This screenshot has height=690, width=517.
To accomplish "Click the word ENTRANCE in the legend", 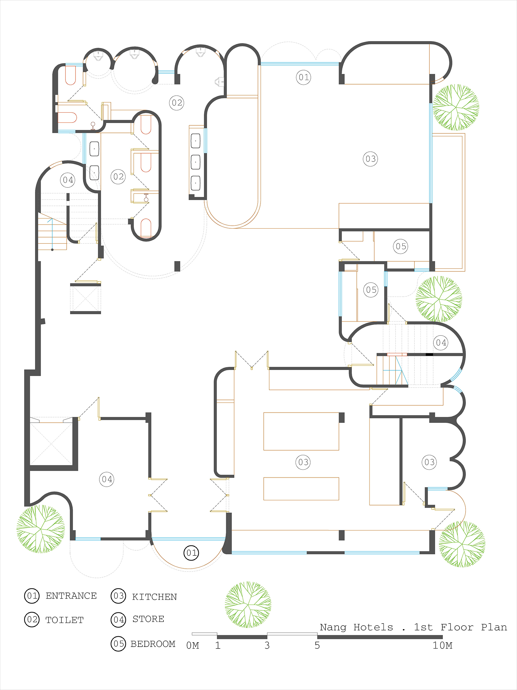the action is tap(71, 596).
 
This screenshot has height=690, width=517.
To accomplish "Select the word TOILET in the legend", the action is tap(65, 620).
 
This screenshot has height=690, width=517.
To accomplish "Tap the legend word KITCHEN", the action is tap(154, 597).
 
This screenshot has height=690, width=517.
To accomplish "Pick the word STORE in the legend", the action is tap(148, 619).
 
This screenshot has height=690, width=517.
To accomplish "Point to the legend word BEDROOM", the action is tap(153, 644).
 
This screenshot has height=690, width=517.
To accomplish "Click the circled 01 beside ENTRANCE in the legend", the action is tap(32, 596).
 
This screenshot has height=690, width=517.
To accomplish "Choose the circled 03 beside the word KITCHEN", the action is tap(118, 596).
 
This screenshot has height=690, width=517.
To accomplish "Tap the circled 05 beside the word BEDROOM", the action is tap(118, 643).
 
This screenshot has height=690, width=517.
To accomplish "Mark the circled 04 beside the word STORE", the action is tap(118, 620).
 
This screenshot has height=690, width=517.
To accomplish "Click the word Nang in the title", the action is tap(333, 627).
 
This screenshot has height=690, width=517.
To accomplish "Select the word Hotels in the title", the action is tap(373, 627).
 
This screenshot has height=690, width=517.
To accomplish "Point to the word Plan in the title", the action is tap(494, 627).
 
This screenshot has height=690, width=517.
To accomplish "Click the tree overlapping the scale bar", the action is tap(248, 605).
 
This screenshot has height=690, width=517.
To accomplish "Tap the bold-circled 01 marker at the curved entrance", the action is tap(191, 553).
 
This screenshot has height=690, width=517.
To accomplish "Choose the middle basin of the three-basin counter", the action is tap(195, 162).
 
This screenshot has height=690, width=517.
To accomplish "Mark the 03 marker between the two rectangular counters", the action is tap(303, 462).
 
